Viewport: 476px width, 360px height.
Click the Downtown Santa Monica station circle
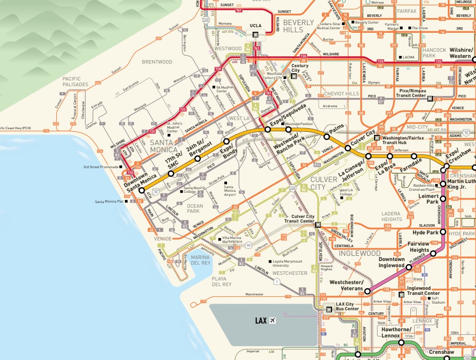pos(142,190)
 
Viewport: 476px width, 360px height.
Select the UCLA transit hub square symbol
pos(255,35)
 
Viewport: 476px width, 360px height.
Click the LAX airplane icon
pos(272,321)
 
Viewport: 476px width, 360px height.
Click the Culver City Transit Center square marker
pos(318,224)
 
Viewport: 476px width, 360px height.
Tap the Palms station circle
pos(326,136)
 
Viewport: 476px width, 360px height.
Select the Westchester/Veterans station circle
pos(367,291)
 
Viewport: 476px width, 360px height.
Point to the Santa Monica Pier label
pos(110,202)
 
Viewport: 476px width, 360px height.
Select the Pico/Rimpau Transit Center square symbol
pos(430,98)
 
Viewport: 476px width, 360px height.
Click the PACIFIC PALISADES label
pos(76,81)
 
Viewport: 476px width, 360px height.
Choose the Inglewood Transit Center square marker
pos(401,294)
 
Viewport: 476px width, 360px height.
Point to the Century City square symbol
pos(294,76)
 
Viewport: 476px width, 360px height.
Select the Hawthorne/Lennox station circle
pos(402,342)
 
